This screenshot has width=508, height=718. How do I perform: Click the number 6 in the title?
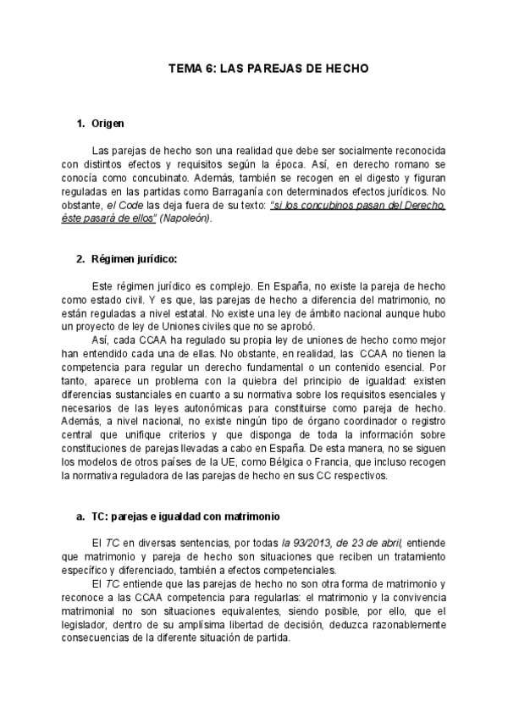tap(210, 70)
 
